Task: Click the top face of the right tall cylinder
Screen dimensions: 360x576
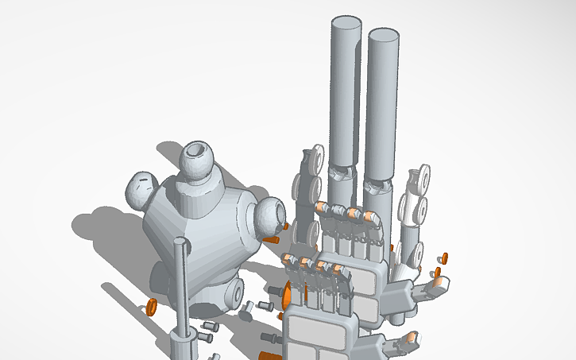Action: click(x=383, y=37)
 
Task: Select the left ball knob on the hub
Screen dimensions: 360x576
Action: click(x=143, y=189)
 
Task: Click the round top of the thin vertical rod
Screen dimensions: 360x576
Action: click(x=182, y=244)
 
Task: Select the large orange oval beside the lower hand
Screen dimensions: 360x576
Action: click(x=286, y=295)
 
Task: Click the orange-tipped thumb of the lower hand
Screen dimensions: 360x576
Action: click(x=411, y=339)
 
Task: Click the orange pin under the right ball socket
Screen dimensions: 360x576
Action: click(x=272, y=238)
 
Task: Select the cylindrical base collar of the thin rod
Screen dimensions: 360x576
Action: click(x=184, y=343)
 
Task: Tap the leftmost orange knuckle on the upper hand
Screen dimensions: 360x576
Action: click(x=322, y=207)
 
